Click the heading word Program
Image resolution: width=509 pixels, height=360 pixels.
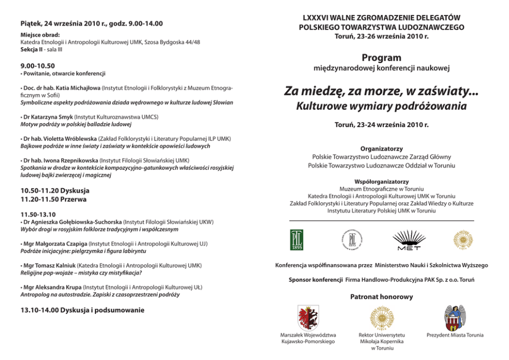click(x=381, y=58)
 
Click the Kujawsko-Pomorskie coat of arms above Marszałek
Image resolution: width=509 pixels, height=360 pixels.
click(x=308, y=317)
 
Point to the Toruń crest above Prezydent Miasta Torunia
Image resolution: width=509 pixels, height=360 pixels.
click(x=455, y=317)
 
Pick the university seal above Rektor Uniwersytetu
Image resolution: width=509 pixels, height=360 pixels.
click(x=381, y=317)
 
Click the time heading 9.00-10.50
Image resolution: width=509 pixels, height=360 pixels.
click(x=37, y=66)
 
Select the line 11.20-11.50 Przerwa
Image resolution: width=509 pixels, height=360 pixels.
click(x=53, y=199)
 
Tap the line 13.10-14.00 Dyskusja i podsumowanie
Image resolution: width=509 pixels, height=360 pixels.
click(x=82, y=310)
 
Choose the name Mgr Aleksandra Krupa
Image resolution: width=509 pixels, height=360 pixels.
click(x=51, y=288)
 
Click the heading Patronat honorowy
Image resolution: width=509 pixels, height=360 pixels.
click(x=381, y=297)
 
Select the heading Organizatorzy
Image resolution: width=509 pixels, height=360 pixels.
click(x=381, y=148)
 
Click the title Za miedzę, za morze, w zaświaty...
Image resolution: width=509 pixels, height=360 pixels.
click(x=381, y=92)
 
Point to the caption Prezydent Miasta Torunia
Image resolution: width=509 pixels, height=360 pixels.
click(x=455, y=335)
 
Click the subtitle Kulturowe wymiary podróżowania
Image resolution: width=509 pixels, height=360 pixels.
click(x=381, y=107)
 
